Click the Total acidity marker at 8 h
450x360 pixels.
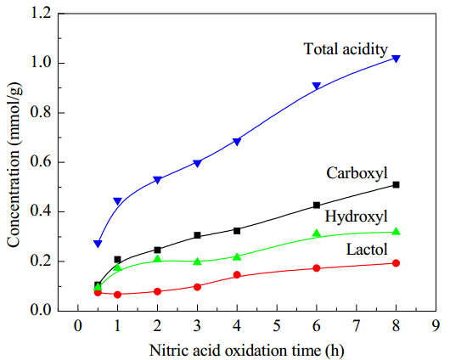(x=396, y=59)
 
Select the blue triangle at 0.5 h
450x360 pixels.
(x=98, y=244)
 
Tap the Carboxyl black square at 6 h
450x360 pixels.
(x=317, y=205)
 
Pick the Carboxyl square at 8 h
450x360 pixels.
(x=396, y=184)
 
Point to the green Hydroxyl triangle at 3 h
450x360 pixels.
(x=197, y=262)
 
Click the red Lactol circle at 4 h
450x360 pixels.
(x=237, y=275)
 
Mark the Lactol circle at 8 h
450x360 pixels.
(x=396, y=263)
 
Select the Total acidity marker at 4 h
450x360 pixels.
(x=237, y=142)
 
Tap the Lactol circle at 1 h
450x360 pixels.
(x=118, y=295)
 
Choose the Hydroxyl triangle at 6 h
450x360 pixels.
(x=317, y=233)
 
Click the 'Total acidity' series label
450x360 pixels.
(x=346, y=49)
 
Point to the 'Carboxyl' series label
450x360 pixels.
(x=357, y=173)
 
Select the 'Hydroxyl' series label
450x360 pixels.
(x=356, y=217)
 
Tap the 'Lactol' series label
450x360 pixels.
(x=367, y=249)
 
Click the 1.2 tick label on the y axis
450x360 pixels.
(x=40, y=14)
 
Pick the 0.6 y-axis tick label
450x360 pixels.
(x=40, y=162)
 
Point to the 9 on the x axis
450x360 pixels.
(x=436, y=326)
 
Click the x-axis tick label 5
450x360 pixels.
(x=277, y=326)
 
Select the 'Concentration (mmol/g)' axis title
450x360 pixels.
(x=14, y=165)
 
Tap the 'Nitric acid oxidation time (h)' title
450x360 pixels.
(x=247, y=351)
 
